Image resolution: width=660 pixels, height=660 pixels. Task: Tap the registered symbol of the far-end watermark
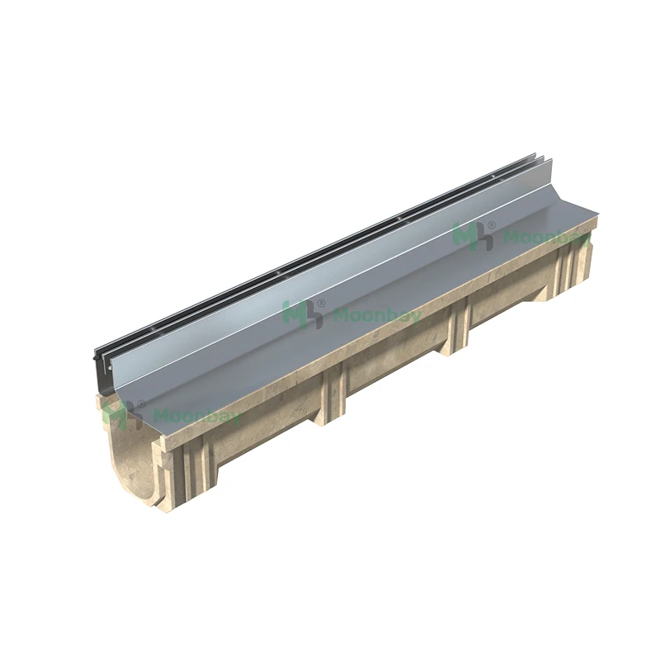tap(493, 224)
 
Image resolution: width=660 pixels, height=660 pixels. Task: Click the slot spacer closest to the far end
tap(495, 176)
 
